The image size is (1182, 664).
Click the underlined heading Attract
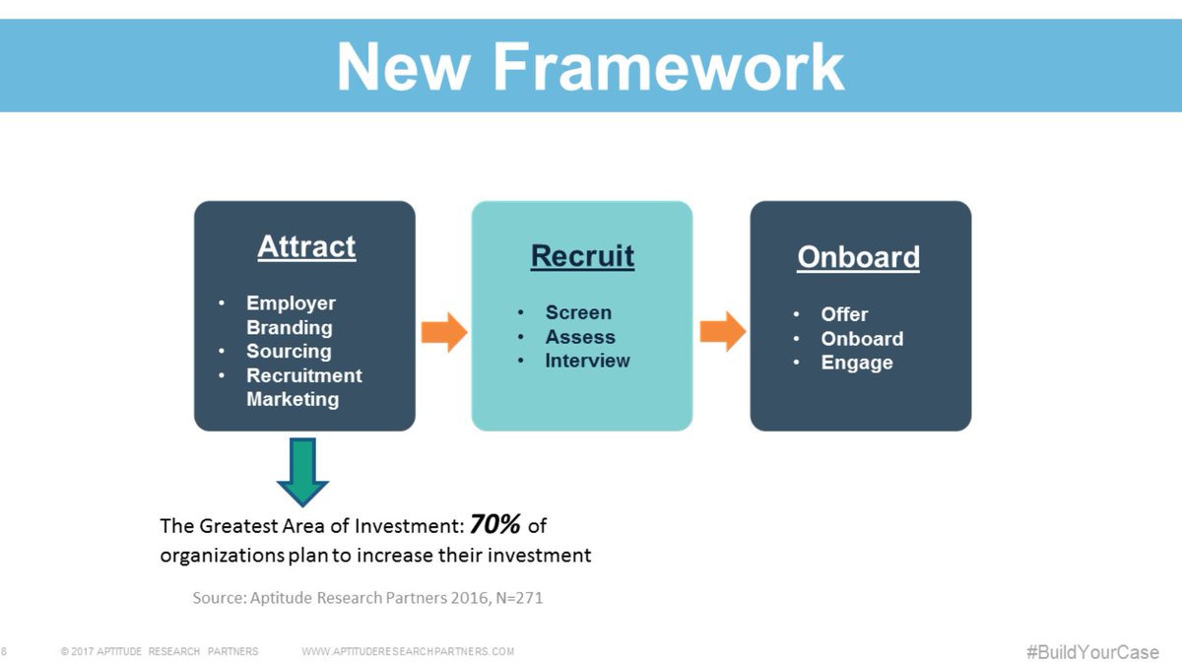coord(306,246)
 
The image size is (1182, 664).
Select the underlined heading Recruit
coord(582,256)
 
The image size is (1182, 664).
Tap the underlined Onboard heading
coord(858,257)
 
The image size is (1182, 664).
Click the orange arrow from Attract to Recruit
coord(443,332)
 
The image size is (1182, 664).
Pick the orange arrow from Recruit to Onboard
coord(722,332)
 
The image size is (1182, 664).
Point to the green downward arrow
coord(302,471)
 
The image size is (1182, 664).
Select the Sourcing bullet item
coord(289,351)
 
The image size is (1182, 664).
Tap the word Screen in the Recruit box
coord(578,312)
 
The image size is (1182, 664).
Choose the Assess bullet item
coord(580,337)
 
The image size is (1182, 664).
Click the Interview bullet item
coord(587,361)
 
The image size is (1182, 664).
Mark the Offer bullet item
coord(844,314)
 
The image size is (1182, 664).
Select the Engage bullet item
coord(857,363)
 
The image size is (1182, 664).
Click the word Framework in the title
coord(669,67)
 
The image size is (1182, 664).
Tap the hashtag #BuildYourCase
coord(1092,652)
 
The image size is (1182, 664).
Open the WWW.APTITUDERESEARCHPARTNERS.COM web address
coord(408,652)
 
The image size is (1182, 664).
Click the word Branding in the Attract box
coord(289,327)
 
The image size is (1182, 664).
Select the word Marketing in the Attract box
coord(292,399)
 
